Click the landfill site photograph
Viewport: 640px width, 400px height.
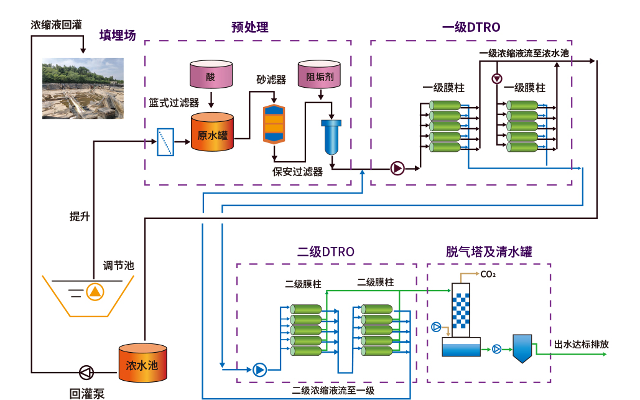[82, 88]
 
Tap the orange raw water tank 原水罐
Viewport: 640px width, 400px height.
[212, 132]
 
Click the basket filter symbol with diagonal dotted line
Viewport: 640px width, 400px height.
[165, 142]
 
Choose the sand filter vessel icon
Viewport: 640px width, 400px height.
[274, 122]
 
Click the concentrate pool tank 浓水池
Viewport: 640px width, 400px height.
[142, 362]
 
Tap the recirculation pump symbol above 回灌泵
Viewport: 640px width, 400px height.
[86, 373]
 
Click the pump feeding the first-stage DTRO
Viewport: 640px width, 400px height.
[397, 167]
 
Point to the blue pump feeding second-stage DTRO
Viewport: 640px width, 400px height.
[259, 370]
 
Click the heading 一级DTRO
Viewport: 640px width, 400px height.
[471, 27]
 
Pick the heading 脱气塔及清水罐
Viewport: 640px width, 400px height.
[489, 251]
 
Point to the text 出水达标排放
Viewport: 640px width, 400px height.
[582, 344]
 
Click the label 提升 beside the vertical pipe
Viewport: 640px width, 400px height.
[80, 216]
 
